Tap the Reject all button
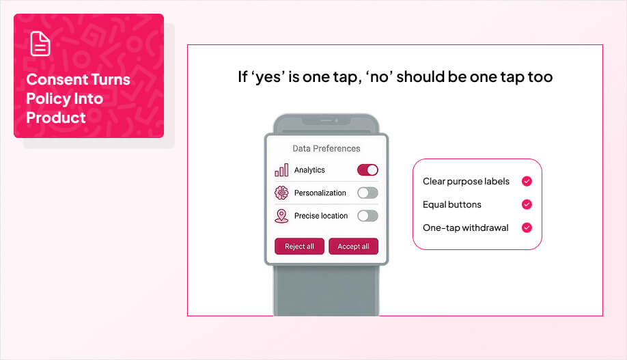(x=299, y=247)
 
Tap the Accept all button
(x=353, y=247)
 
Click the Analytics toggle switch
(x=367, y=170)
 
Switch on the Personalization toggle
(x=367, y=193)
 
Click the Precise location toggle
(x=367, y=216)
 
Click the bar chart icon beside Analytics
(x=281, y=170)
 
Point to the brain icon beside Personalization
(x=281, y=193)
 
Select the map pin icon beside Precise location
(x=281, y=216)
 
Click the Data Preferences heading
(x=326, y=148)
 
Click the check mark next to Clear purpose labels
(x=527, y=181)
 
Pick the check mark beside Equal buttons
(x=527, y=204)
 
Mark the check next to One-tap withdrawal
(x=527, y=227)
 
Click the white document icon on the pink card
(x=40, y=44)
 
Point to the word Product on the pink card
(x=56, y=117)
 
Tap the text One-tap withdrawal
(x=465, y=227)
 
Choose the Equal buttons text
(x=451, y=204)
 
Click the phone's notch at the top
(x=326, y=121)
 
